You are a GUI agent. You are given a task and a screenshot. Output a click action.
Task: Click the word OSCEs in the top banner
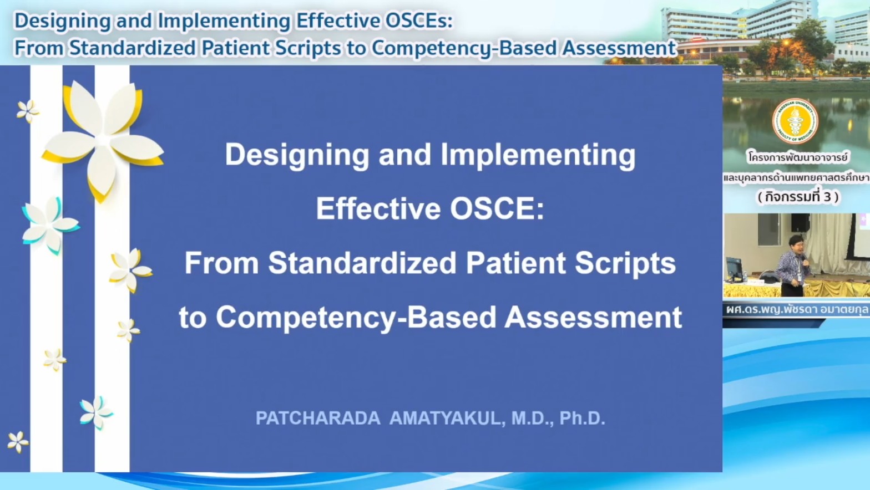tap(419, 21)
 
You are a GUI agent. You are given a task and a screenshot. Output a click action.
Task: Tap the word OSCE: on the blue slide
tap(497, 209)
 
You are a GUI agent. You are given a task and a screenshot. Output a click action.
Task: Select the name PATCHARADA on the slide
tap(318, 418)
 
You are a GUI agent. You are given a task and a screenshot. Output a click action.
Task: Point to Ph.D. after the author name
tap(582, 418)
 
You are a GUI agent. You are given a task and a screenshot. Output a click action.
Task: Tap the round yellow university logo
tap(795, 121)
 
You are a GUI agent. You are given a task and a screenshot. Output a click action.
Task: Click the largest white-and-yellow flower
tap(103, 140)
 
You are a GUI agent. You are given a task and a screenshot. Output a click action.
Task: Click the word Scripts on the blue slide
tap(625, 263)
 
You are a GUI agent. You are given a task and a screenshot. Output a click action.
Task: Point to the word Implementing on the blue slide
tap(538, 155)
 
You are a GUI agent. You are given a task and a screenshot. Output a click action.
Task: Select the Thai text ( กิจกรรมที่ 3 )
tap(798, 197)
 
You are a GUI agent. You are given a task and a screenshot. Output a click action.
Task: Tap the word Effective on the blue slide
tap(378, 209)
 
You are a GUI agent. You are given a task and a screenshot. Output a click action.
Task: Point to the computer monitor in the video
tap(735, 268)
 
